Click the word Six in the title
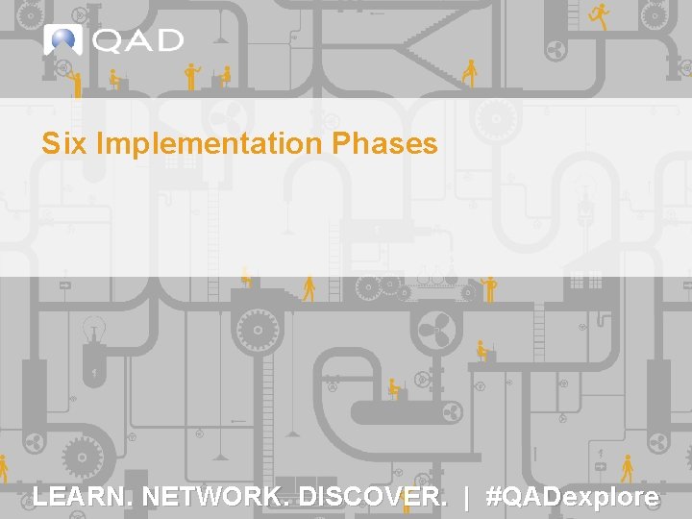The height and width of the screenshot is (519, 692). [63, 144]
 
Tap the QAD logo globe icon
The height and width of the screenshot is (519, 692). [62, 40]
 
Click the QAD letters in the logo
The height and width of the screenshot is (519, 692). [138, 41]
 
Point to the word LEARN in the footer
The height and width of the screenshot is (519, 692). [83, 497]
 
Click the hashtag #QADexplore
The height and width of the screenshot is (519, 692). [573, 497]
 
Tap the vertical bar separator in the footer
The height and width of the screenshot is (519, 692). [467, 497]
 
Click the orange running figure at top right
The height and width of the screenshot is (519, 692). [600, 14]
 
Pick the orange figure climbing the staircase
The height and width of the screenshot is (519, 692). [469, 72]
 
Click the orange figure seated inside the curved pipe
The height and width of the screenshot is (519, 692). [395, 389]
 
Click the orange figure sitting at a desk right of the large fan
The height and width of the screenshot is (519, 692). [483, 352]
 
